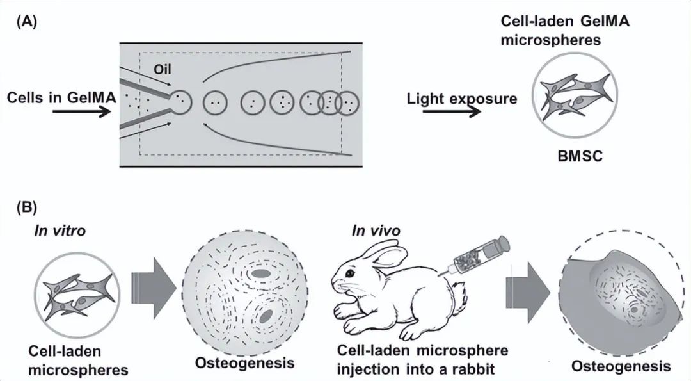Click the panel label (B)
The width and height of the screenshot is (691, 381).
[26, 207]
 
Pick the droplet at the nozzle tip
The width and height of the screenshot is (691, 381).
[179, 100]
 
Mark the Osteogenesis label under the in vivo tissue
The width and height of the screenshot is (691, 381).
[621, 366]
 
